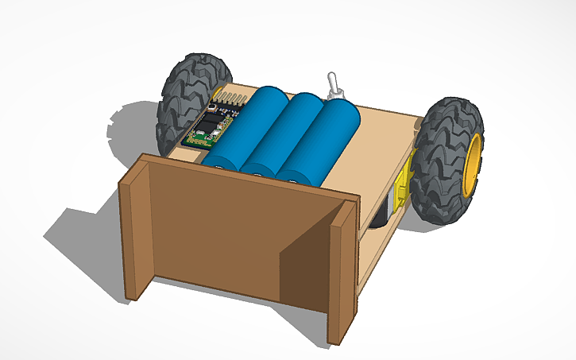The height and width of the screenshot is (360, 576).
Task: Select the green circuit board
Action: tap(209, 127)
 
